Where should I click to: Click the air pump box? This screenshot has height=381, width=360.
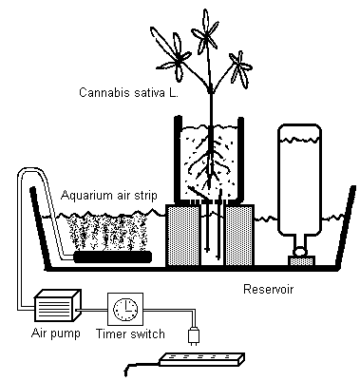(x=57, y=305)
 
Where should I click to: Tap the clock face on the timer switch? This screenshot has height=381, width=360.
(x=125, y=309)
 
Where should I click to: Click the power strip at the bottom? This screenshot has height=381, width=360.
(x=201, y=359)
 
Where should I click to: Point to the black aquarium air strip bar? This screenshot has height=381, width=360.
(x=112, y=257)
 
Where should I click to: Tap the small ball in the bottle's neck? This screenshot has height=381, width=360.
(x=300, y=252)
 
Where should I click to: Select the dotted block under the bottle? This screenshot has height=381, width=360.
(x=301, y=261)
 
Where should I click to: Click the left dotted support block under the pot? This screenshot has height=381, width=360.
(x=183, y=235)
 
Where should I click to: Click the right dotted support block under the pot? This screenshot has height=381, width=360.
(x=239, y=235)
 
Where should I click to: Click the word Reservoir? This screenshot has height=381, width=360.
(x=268, y=289)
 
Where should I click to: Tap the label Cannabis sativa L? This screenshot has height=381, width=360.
(x=128, y=92)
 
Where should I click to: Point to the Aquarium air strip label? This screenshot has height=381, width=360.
(x=109, y=195)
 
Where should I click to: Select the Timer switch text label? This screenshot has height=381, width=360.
(x=130, y=333)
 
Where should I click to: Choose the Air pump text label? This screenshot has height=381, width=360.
(x=56, y=333)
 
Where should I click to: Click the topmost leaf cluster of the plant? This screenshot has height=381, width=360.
(x=206, y=31)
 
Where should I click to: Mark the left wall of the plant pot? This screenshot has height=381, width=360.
(x=178, y=160)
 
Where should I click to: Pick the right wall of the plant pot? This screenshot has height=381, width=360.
(x=240, y=160)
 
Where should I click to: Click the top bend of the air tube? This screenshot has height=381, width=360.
(x=31, y=169)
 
